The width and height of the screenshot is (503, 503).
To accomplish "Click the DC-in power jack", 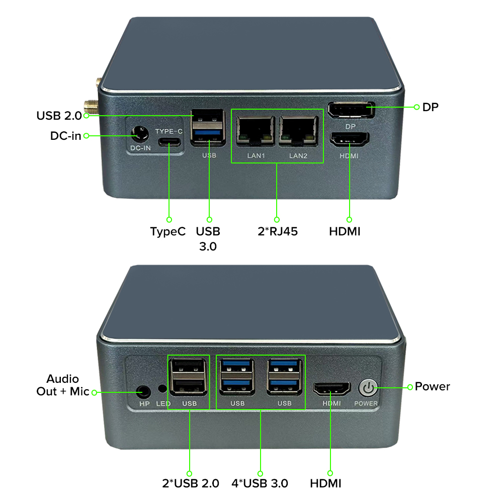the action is (140, 134).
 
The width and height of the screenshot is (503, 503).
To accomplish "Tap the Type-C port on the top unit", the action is (169, 142).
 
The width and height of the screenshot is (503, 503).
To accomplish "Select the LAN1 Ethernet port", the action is (256, 131).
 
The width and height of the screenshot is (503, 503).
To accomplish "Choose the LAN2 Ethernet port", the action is (299, 131).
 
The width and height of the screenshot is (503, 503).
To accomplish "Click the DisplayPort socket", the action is (351, 110).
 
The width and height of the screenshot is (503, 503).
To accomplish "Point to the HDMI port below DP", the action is (350, 139).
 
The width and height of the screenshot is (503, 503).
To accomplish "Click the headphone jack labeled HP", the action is (143, 392).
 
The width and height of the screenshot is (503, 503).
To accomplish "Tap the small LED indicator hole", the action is (162, 388).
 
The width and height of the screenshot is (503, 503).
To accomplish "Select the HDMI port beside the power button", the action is (331, 389).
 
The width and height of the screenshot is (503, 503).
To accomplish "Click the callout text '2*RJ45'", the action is (278, 231).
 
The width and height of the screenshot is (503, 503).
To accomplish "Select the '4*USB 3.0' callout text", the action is (260, 483).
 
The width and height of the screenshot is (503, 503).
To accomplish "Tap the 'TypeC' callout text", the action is (168, 231).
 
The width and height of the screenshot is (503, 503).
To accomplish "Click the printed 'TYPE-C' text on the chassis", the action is (169, 131).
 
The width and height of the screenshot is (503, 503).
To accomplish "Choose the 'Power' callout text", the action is (432, 386).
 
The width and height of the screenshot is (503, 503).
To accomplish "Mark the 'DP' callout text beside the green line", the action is (430, 107).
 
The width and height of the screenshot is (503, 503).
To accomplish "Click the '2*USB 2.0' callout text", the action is (191, 483).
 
